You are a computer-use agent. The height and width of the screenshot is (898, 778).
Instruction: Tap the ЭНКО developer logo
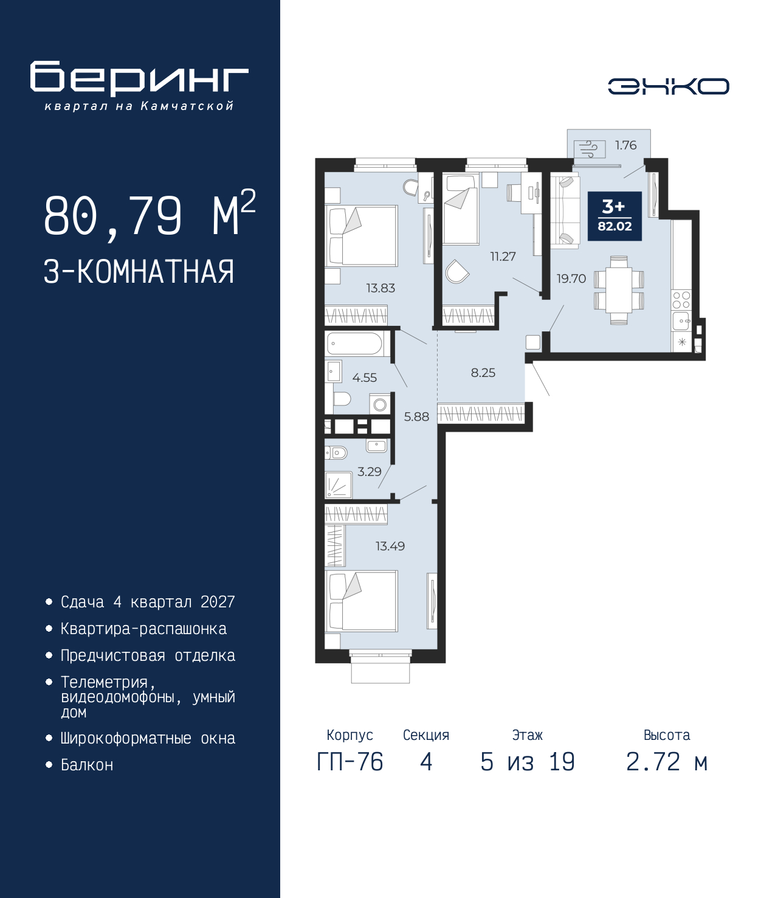click(x=668, y=86)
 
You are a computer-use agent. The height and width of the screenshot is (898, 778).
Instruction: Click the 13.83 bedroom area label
click(x=380, y=288)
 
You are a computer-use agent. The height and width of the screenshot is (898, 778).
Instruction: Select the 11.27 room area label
click(x=503, y=257)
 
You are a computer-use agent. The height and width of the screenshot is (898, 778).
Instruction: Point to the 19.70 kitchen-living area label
click(x=571, y=278)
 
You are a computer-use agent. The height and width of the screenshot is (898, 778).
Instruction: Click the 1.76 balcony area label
click(x=625, y=145)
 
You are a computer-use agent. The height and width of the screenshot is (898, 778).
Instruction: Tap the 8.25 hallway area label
click(x=483, y=373)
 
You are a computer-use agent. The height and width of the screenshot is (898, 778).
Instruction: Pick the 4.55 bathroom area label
click(x=365, y=378)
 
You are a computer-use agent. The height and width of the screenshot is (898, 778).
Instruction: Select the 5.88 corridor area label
click(x=416, y=416)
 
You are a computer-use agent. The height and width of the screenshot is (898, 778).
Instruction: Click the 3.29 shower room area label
click(x=369, y=471)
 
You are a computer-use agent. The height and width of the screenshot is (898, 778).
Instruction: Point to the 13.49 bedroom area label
click(x=390, y=545)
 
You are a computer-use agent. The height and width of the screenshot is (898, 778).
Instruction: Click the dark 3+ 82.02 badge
click(x=614, y=216)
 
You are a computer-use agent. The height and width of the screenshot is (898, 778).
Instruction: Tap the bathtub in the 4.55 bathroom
click(x=354, y=344)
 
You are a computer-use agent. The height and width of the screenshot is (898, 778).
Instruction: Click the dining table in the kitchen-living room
click(x=619, y=290)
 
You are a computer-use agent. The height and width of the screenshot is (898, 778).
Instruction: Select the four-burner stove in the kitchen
click(x=681, y=300)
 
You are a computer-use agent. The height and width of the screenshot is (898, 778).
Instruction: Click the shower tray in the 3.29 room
click(x=339, y=485)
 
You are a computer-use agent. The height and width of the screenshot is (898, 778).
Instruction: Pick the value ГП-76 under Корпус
click(x=349, y=762)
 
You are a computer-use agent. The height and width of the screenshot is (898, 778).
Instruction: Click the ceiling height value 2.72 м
click(x=667, y=762)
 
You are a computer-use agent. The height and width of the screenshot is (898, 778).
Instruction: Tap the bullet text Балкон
click(x=87, y=765)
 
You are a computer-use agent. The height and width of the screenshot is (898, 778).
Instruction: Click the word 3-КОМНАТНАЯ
click(x=139, y=272)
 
